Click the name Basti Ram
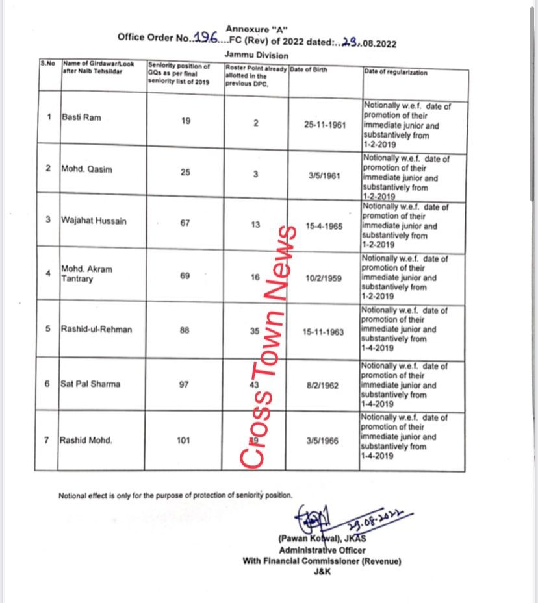coord(81,117)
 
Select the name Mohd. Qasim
coord(86,169)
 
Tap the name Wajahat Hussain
coord(94,221)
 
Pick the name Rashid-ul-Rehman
coord(96,329)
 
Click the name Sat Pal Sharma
coord(90,384)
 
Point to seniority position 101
coord(183,440)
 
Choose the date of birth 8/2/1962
coord(323,385)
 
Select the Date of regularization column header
coord(396,72)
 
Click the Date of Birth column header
coord(309,69)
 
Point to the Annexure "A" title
coord(257,28)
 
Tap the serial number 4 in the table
coord(49,273)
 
